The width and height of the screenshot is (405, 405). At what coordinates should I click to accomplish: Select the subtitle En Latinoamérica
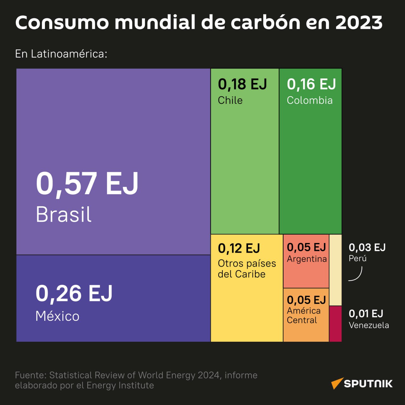pos(61,54)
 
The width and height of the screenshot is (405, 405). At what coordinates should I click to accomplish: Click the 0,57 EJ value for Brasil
pos(87,184)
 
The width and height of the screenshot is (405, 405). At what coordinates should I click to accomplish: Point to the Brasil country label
pos(64,215)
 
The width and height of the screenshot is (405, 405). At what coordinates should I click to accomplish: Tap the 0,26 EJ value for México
pos(74,293)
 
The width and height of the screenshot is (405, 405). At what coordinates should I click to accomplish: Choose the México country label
pos(57,316)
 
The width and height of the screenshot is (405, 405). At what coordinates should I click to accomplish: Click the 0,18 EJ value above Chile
pos(242,84)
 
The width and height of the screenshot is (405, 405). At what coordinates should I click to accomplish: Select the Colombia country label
pos(309,100)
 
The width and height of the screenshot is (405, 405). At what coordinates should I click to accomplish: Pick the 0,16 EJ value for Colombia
pos(311,84)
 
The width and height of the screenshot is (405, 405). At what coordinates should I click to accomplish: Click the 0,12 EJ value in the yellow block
pos(239,248)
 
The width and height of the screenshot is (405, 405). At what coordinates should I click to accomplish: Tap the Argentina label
pos(307,259)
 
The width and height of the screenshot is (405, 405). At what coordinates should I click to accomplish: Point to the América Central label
pos(304,315)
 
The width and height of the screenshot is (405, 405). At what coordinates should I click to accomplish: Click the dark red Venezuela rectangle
pos(335,324)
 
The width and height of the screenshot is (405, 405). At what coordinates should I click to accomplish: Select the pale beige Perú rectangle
pos(335,270)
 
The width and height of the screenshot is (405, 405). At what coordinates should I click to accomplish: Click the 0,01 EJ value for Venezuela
pos(366,314)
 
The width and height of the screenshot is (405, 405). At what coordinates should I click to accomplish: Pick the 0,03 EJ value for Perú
pos(367,247)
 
